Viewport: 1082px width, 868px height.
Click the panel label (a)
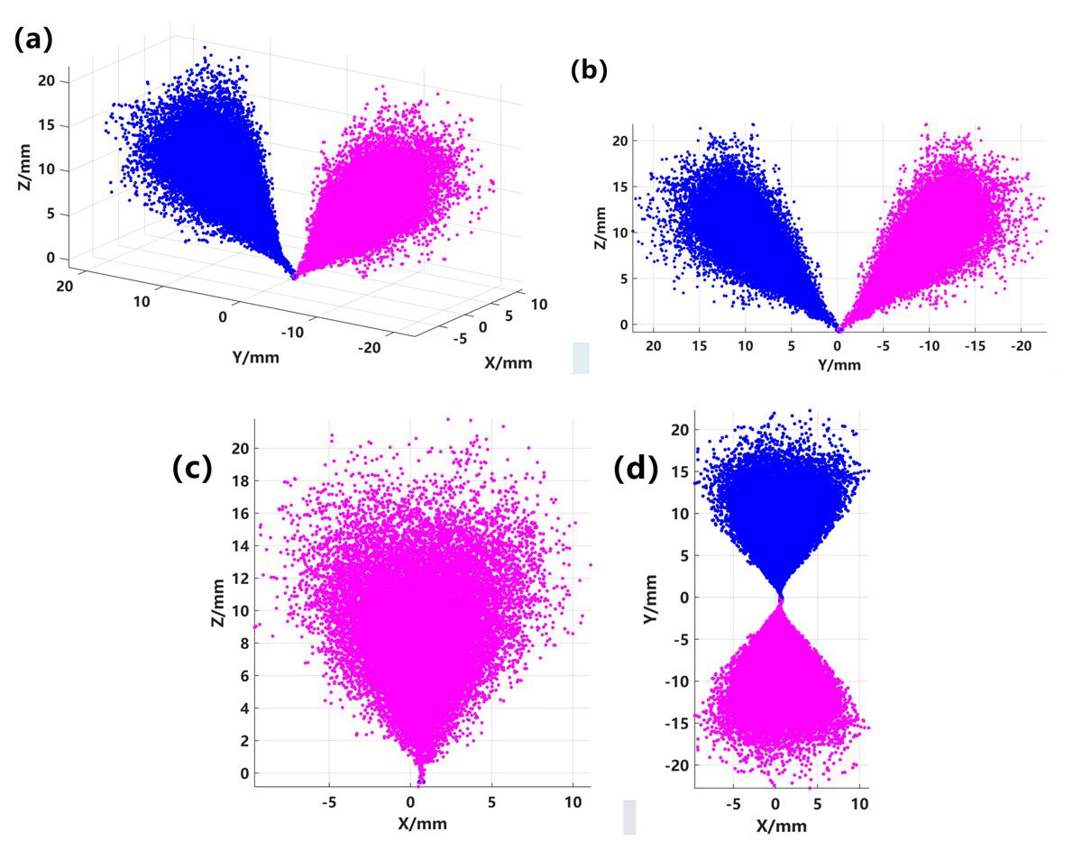click(33, 39)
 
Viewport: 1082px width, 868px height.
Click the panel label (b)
click(591, 70)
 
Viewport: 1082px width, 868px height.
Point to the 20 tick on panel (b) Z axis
click(618, 141)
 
